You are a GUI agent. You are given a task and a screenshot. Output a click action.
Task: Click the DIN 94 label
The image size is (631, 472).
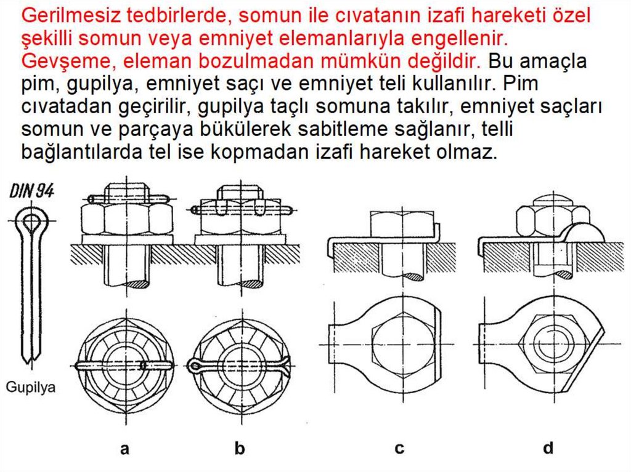pos(32,191)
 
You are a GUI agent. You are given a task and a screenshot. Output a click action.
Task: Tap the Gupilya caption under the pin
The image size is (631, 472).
pos(31,387)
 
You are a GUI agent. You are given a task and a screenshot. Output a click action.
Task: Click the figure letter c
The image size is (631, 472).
pos(399,449)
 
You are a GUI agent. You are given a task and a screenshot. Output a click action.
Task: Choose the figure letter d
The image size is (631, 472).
pos(548,447)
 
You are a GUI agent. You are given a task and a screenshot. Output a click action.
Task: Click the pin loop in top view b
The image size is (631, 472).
pos(194,365)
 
